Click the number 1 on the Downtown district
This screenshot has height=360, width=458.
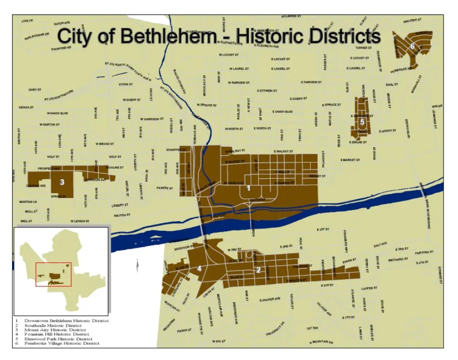248,188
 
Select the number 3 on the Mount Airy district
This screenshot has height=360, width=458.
62,182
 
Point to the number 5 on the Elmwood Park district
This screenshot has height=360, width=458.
362,121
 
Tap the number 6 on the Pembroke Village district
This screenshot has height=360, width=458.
413,46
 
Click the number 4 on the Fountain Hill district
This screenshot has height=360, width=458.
199,268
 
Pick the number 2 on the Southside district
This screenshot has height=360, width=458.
258,270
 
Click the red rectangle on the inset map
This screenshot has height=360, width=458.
54,275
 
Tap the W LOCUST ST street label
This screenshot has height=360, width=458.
229,55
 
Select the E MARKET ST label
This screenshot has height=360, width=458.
350,160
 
